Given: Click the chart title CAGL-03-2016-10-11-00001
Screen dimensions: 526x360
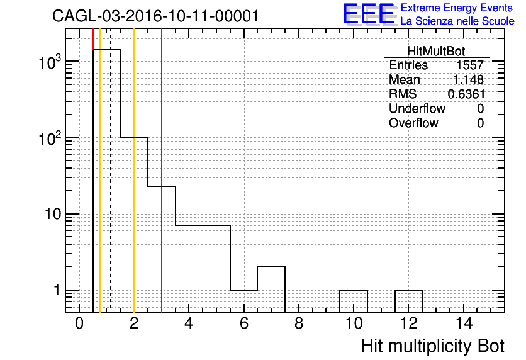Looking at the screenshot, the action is point(155,16).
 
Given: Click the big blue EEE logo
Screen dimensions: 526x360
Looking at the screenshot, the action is point(369,14).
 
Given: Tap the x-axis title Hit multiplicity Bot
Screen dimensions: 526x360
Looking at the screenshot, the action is point(432,346).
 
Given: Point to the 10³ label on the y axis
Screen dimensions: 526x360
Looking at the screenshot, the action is point(50,62).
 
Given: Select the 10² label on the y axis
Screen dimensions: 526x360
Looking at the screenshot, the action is point(50,138).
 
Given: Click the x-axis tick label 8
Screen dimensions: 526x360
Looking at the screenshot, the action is point(299,323).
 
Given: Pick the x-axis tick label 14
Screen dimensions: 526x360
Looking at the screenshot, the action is point(464,323).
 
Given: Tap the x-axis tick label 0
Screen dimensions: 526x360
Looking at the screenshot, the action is point(79,323).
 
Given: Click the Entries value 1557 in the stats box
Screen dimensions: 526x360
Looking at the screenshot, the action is point(469,65).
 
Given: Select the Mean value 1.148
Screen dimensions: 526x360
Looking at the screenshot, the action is point(468,79).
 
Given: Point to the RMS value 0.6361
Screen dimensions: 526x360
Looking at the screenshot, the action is point(466,94).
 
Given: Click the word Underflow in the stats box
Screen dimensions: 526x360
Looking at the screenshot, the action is point(417,108).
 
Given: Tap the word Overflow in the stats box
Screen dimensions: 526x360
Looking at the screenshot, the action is point(413,123).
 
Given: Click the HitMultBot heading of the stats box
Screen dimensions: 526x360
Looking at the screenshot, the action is point(436,51).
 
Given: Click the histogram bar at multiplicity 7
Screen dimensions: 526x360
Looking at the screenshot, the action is point(271,267).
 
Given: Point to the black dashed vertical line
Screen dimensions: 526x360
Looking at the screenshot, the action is point(111,171).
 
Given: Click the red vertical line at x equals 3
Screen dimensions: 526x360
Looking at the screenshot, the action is point(162,171).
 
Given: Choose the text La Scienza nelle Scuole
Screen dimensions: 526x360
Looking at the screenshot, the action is point(457,21).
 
